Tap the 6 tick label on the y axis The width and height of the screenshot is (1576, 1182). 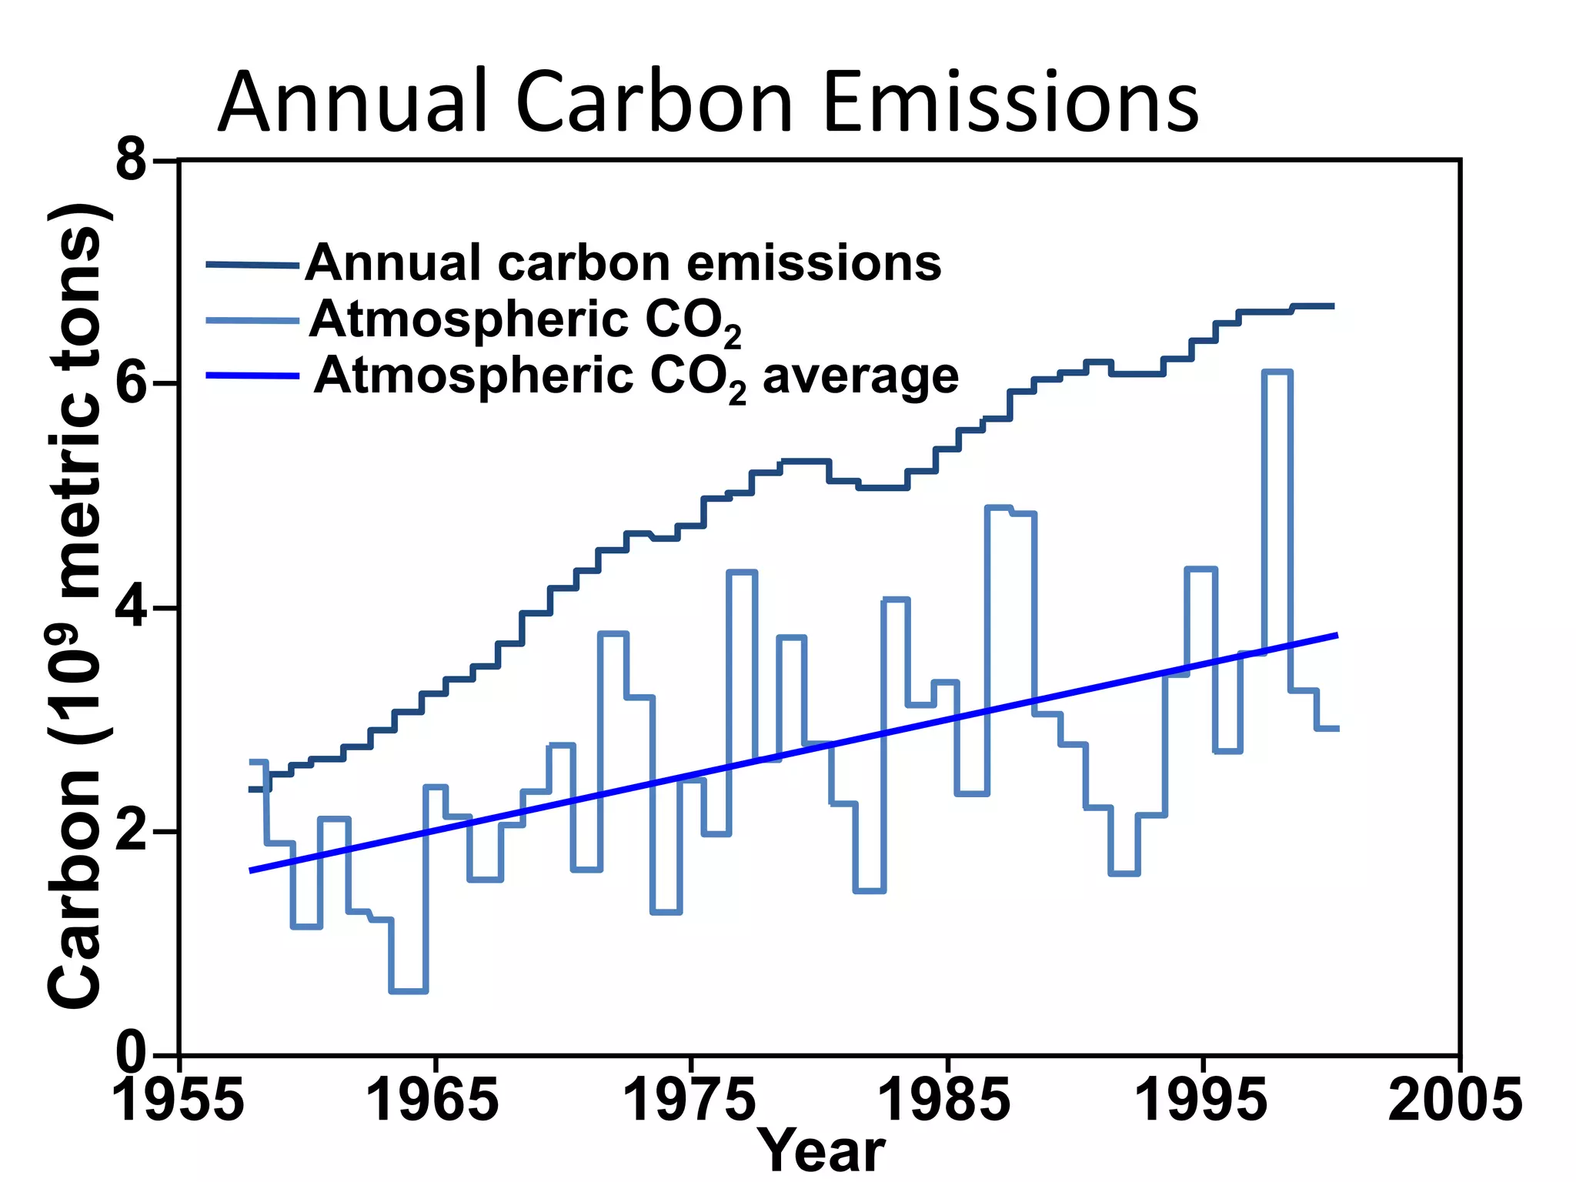(x=132, y=382)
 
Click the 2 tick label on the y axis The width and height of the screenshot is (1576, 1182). (x=132, y=831)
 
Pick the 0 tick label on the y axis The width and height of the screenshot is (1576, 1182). (x=132, y=1052)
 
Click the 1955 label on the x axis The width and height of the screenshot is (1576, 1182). (x=179, y=1100)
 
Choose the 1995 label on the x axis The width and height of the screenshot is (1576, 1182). (x=1201, y=1100)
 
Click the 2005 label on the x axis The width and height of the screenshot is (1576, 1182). (x=1455, y=1100)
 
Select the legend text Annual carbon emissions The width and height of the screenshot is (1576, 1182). (x=623, y=263)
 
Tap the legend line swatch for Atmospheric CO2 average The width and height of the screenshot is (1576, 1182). (x=252, y=376)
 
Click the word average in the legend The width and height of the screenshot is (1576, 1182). (x=860, y=377)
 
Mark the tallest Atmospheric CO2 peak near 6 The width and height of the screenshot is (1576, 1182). (x=1277, y=372)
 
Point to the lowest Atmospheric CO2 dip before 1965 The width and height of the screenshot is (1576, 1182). (x=409, y=990)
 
